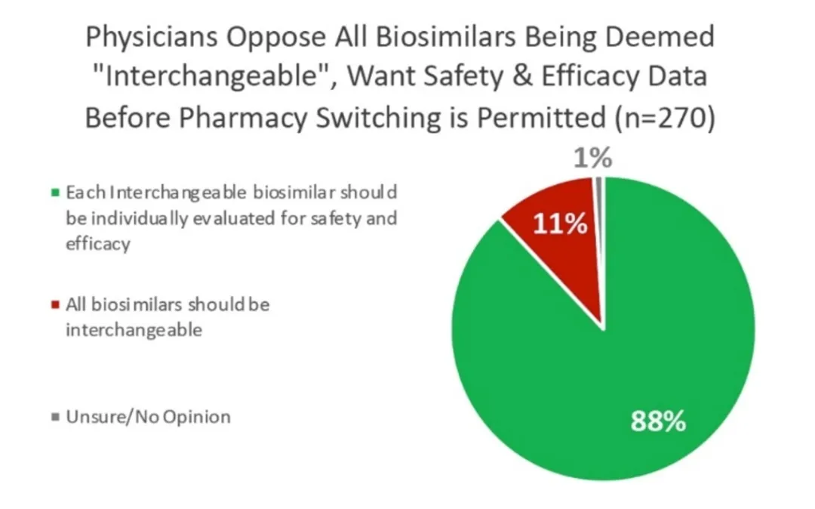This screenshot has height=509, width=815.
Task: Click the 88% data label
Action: (x=658, y=421)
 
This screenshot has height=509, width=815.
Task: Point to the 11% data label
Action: (x=561, y=224)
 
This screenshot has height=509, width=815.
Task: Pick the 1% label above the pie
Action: (x=592, y=160)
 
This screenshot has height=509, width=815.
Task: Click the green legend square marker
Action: (x=55, y=193)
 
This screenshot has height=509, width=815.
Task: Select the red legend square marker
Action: (x=55, y=306)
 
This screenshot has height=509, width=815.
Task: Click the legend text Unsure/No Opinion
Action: (x=148, y=417)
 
